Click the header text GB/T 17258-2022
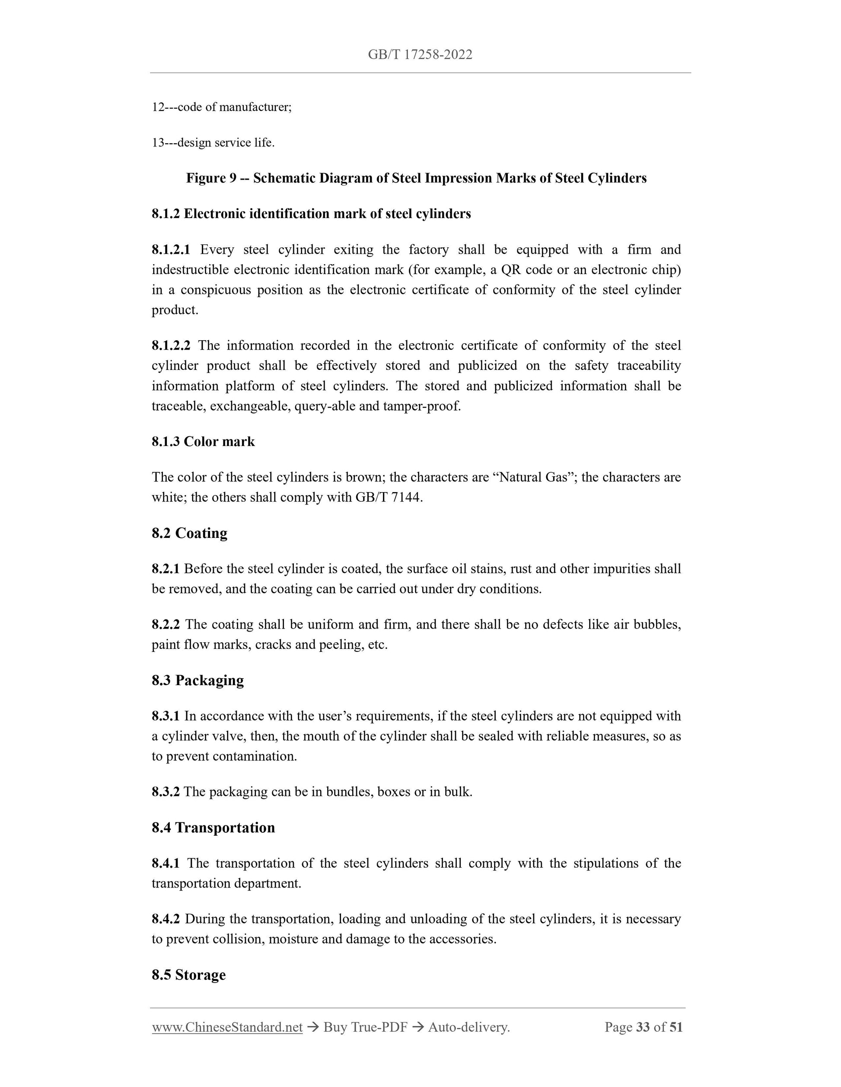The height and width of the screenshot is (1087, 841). point(420,55)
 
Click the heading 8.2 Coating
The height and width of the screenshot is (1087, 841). point(189,533)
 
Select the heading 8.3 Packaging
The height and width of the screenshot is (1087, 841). point(198,680)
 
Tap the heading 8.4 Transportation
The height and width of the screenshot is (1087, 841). point(213,828)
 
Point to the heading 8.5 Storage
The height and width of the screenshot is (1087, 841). point(188,974)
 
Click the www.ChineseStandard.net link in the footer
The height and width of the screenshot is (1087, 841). point(227,1027)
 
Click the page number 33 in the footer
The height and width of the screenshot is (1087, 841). point(643,1027)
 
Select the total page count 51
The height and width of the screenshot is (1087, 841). point(675,1027)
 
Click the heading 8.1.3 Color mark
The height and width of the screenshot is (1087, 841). point(203,442)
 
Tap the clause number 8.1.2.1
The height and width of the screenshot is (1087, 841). point(171,250)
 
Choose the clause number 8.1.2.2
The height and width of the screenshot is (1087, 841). point(171,345)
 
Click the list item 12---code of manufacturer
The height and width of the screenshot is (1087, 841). point(222,107)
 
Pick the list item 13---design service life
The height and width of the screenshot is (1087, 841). point(213,143)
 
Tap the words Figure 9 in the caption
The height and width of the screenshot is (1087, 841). point(211,178)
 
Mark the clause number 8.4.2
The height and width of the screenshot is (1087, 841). point(166,919)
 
